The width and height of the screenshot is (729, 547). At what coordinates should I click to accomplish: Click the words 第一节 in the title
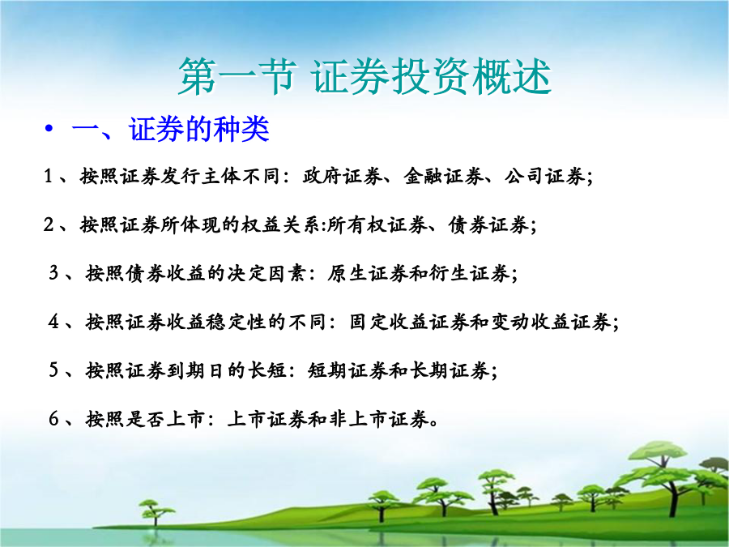[237, 77]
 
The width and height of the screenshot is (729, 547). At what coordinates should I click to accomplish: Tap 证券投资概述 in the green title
[432, 77]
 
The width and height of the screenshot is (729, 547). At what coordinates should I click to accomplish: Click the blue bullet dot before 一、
[49, 128]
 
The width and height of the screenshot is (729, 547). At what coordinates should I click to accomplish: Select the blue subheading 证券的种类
[199, 129]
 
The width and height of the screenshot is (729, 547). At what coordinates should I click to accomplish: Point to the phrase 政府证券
[342, 177]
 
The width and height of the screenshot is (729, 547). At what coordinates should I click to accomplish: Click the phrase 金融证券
[443, 177]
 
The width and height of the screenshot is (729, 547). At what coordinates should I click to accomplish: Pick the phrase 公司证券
[544, 177]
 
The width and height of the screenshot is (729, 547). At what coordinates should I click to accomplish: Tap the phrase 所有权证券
[377, 225]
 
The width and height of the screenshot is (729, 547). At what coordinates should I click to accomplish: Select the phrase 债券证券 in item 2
[488, 225]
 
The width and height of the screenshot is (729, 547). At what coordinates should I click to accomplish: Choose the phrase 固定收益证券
[409, 322]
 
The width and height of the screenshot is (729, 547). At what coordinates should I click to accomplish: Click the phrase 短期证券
[347, 370]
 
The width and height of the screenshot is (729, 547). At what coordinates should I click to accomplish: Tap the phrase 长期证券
[449, 370]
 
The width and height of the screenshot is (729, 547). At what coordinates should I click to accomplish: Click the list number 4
[54, 322]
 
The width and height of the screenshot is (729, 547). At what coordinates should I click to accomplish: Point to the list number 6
[54, 419]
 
